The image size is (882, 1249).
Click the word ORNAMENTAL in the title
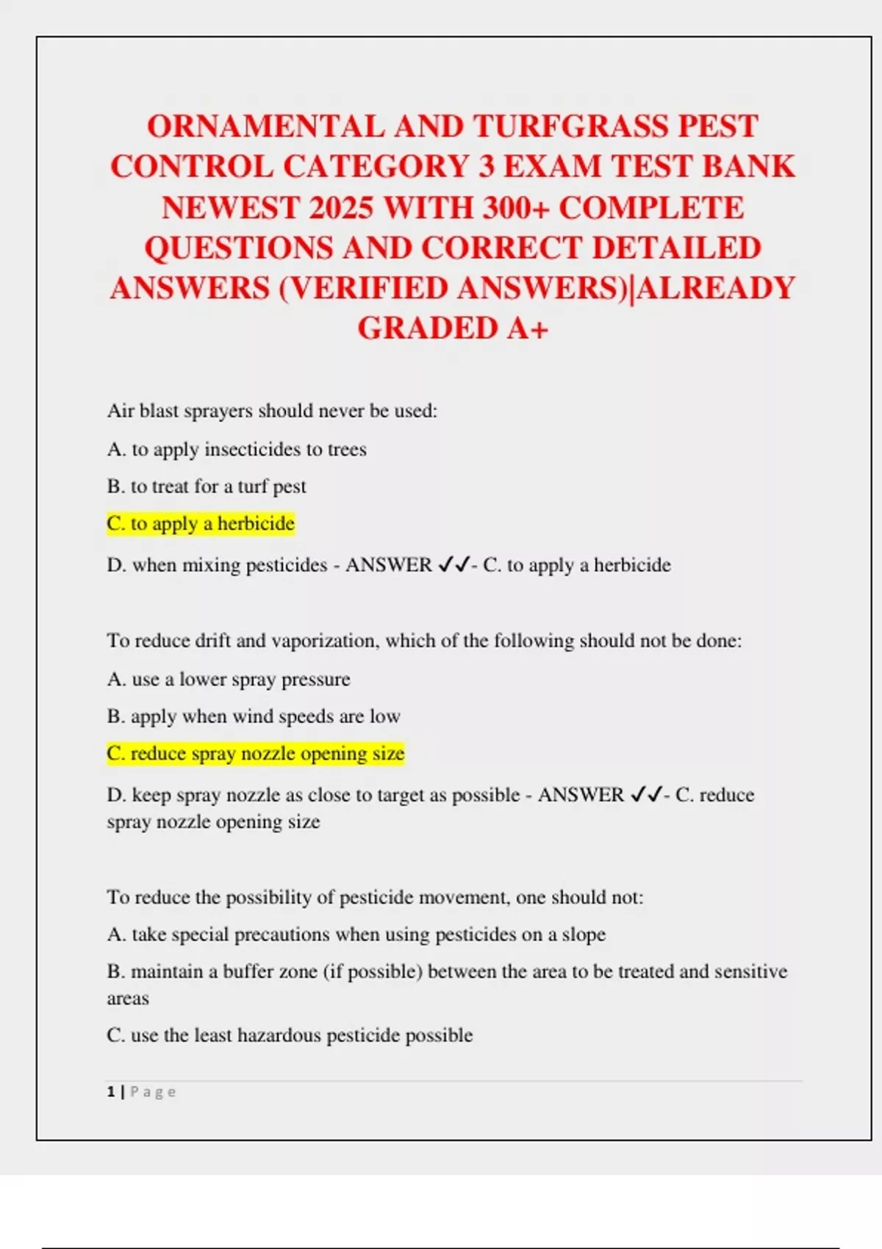265,126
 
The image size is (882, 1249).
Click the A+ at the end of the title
527,328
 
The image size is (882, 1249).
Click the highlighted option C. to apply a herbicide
201,524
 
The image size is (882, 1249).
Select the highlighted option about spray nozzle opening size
256,754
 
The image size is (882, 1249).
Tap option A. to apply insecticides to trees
237,449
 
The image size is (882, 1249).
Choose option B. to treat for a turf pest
207,486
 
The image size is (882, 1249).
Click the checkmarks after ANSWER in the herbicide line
453,565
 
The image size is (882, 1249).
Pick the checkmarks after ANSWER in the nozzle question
646,795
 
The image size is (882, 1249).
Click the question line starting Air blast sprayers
272,411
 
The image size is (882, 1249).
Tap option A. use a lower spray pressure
229,680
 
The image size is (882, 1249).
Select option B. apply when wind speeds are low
254,716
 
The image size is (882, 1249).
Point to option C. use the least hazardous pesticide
290,1035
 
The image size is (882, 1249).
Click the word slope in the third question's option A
584,935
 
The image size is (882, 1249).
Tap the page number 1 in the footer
111,1092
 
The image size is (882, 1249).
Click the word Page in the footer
153,1092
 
